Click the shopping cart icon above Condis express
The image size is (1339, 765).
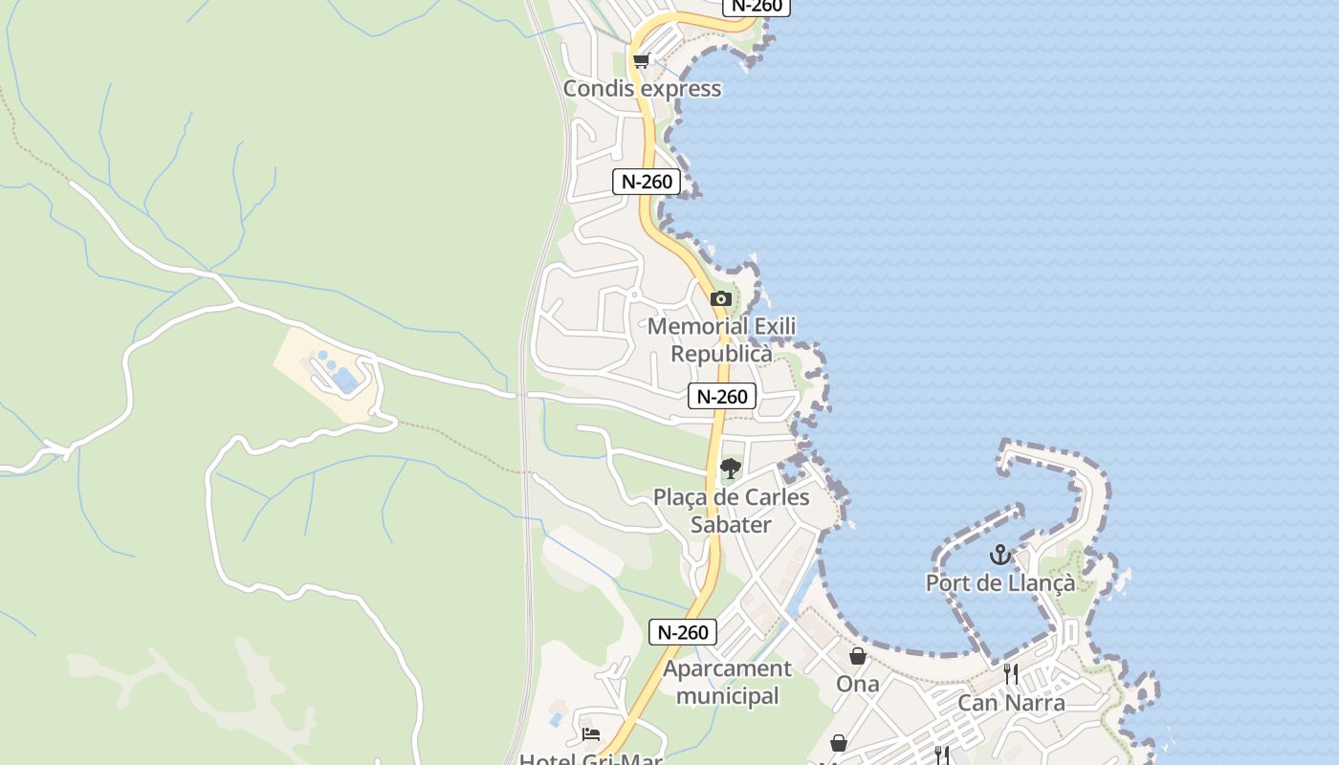point(641,61)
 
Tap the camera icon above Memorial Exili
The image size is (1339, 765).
point(721,299)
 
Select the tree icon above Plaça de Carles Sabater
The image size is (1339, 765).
point(731,469)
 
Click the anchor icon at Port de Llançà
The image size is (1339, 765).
point(999,555)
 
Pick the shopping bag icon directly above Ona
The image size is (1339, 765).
point(858,656)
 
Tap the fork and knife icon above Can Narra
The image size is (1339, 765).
point(1011,674)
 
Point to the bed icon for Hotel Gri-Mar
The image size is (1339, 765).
point(591,734)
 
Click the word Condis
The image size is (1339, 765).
point(598,89)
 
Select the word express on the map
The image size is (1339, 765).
point(680,89)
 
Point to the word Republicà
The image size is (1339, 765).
point(721,354)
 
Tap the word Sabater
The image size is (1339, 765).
point(731,525)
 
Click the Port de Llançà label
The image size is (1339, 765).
point(999,582)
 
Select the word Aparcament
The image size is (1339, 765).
point(727,668)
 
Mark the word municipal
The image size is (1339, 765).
point(727,696)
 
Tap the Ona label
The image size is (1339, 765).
point(858,684)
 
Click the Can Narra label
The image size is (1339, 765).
point(1011,704)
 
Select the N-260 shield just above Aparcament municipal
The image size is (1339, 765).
point(683,632)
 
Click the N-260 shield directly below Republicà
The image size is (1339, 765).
point(722,396)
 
